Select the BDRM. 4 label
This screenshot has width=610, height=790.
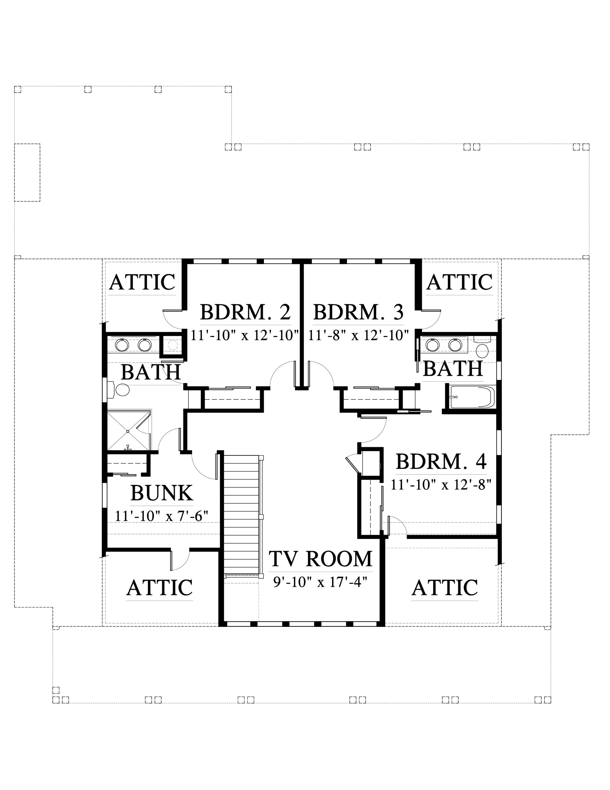441,461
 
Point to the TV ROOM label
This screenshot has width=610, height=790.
320,559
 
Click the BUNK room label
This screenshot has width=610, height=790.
162,493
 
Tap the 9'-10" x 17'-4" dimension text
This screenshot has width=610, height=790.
320,582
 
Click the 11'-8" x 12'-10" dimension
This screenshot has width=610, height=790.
358,335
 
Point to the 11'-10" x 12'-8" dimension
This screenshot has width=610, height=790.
441,484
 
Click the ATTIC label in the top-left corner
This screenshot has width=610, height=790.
142,282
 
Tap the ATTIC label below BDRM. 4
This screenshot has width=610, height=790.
445,588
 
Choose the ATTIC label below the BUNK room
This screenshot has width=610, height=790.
159,588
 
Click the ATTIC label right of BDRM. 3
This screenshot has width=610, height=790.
459,282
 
